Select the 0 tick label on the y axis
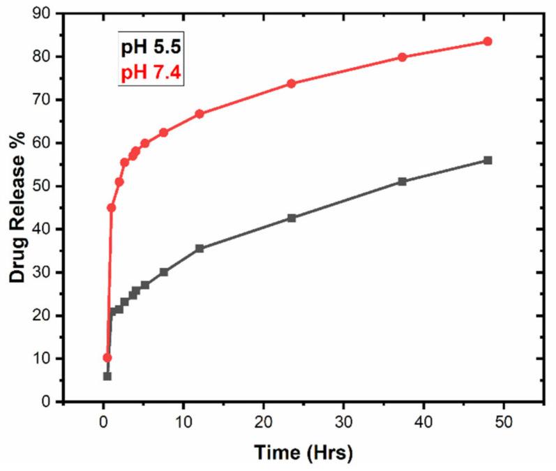click(49, 402)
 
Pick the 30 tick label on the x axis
click(343, 421)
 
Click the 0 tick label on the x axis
click(103, 421)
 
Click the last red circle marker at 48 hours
click(488, 41)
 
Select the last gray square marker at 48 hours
click(488, 160)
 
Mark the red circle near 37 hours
click(403, 57)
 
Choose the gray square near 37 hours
click(402, 181)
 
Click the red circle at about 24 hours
click(292, 84)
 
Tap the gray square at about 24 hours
click(292, 218)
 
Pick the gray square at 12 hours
click(200, 248)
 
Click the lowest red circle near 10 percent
click(107, 357)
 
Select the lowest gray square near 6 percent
click(107, 376)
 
